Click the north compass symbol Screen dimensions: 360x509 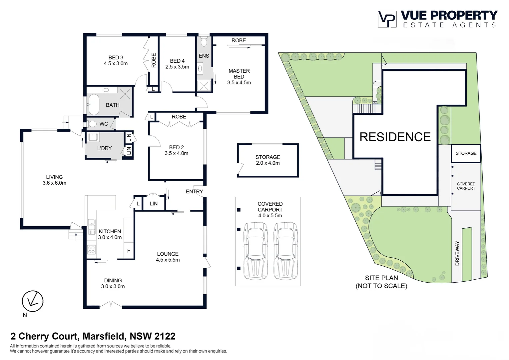click(33, 301)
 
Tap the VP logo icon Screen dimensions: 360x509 click(387, 19)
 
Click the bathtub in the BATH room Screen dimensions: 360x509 click(93, 104)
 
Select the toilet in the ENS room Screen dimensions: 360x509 click(204, 42)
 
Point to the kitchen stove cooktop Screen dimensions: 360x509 click(91, 249)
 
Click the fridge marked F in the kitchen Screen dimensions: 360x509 click(129, 251)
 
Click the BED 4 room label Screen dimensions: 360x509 click(177, 64)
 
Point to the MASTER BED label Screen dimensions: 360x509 click(239, 77)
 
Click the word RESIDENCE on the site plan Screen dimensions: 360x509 click(395, 137)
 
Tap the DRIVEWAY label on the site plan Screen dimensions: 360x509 click(457, 253)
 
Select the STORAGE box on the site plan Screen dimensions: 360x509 click(466, 153)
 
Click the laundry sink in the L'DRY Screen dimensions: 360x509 click(92, 137)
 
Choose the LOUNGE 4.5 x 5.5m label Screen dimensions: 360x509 click(168, 257)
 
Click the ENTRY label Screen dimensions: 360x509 click(194, 191)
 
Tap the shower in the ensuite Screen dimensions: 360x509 click(204, 86)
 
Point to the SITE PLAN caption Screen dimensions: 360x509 click(381, 282)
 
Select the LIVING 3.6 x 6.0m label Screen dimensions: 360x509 click(54, 180)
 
